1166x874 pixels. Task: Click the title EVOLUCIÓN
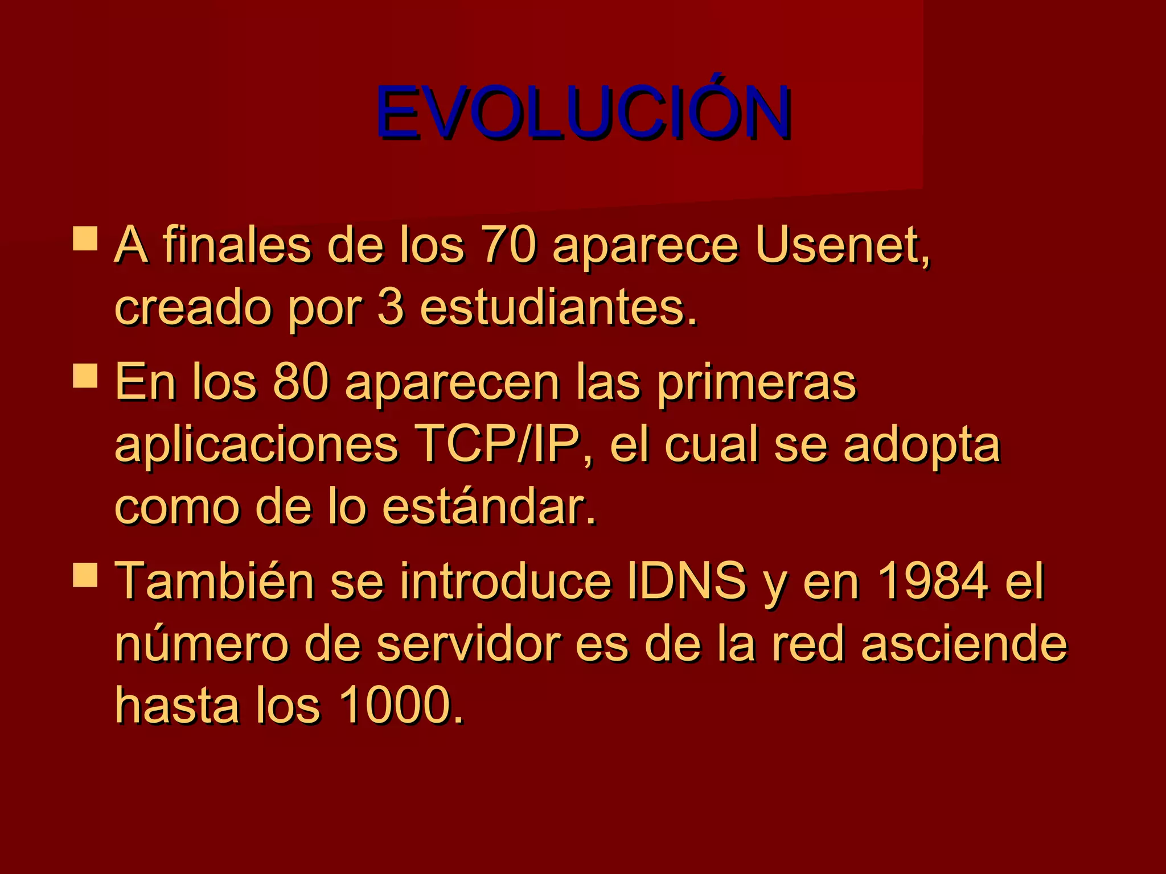582,112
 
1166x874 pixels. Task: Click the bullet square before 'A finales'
85,238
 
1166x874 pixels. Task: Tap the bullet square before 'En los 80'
85,376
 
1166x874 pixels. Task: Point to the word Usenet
841,245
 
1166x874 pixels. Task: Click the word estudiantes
558,308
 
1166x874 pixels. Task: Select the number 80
301,382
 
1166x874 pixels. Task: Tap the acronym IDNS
686,581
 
